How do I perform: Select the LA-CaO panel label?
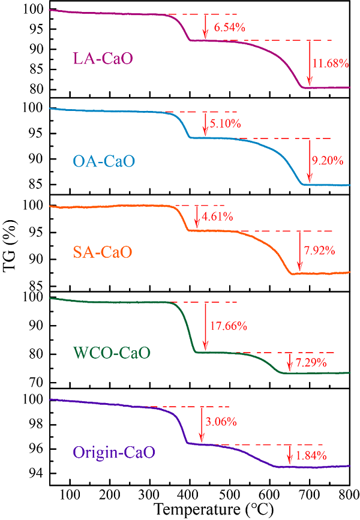point(103,59)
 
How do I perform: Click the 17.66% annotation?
point(229,326)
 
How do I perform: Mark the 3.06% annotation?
point(221,422)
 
